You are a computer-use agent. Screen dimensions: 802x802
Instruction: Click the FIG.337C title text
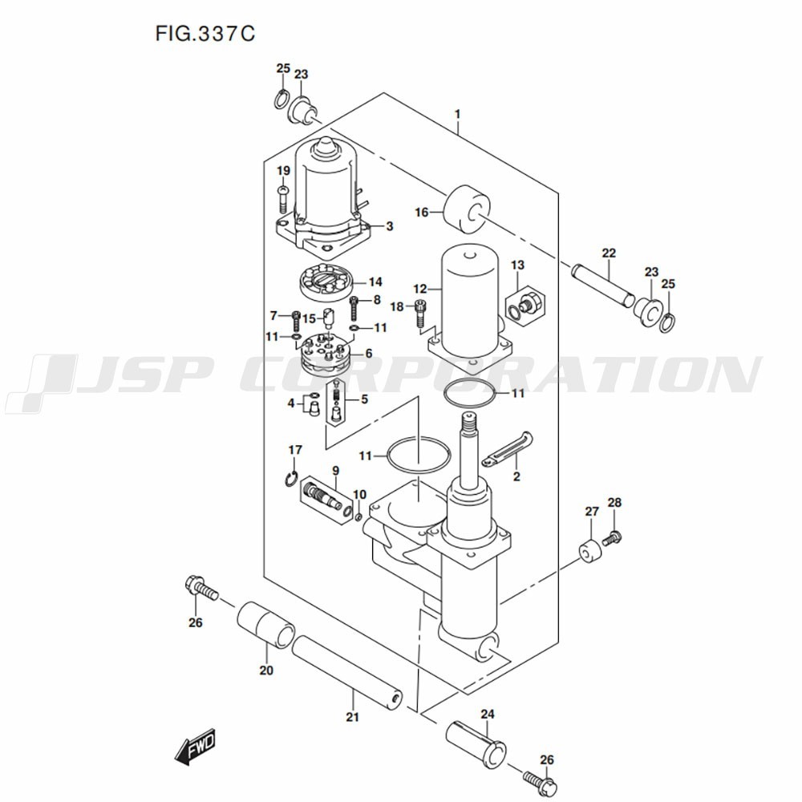(x=205, y=34)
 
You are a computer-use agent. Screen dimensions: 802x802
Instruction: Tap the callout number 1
(x=458, y=114)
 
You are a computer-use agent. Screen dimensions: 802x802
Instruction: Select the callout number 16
(x=422, y=212)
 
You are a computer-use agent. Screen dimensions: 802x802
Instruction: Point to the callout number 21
(x=352, y=717)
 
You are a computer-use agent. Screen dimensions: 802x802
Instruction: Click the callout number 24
(x=488, y=714)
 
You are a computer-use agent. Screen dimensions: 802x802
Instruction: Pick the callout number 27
(x=592, y=511)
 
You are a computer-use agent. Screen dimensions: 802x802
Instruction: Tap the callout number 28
(x=614, y=502)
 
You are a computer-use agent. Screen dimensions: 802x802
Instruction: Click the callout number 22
(x=609, y=253)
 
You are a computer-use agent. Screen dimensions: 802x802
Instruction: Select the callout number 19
(x=283, y=170)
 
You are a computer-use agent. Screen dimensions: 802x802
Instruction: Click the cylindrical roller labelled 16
(x=466, y=210)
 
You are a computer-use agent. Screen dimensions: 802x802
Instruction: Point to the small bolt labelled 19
(x=283, y=200)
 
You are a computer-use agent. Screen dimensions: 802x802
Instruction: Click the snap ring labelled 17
(x=291, y=478)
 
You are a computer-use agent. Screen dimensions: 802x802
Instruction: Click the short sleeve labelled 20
(x=265, y=625)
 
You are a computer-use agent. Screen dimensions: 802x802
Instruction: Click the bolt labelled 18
(x=420, y=313)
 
